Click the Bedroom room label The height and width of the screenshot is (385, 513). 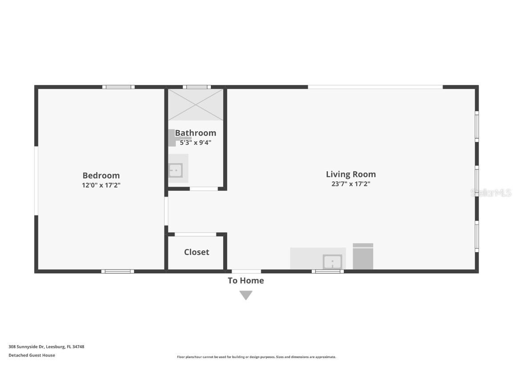101,176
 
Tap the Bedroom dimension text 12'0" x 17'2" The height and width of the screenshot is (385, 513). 101,185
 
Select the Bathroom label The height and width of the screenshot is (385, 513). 195,133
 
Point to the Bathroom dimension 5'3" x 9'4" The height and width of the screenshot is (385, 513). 195,143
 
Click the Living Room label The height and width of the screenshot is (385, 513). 351,174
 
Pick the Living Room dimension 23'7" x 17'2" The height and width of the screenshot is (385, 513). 351,184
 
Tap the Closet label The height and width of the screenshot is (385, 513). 196,252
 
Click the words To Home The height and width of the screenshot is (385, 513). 246,281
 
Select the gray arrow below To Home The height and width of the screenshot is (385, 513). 246,295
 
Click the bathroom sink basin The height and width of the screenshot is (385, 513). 176,170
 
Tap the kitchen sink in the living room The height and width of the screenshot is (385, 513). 332,262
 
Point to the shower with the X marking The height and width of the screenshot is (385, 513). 195,104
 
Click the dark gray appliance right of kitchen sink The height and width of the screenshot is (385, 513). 363,257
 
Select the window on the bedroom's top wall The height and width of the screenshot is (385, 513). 118,87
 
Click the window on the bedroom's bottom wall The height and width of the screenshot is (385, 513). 118,271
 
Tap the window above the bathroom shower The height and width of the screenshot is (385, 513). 196,87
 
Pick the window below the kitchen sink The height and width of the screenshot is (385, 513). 328,271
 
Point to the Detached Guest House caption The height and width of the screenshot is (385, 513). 32,355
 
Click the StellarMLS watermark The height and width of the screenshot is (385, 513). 491,193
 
